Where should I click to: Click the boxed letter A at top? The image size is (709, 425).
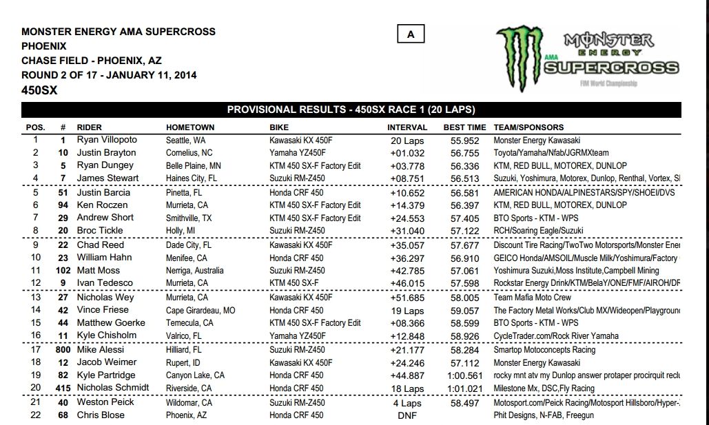[411, 34]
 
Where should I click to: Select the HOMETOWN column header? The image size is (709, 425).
[190, 127]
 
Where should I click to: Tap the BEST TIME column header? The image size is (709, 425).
[464, 127]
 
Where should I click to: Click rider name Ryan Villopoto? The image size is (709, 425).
[107, 140]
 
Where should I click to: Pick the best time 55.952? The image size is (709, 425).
[466, 140]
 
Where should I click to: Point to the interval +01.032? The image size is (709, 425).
[406, 153]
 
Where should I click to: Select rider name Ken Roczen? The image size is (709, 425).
[102, 205]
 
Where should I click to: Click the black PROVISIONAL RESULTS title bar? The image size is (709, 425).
[351, 110]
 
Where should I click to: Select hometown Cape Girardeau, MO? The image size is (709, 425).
[201, 310]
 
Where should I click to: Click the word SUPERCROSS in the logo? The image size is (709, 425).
[610, 68]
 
